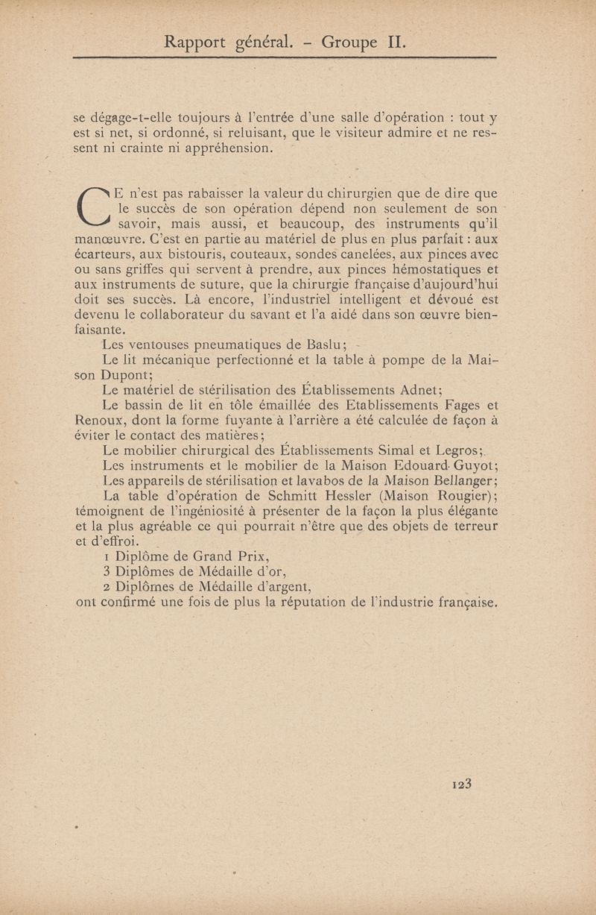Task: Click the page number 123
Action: (x=463, y=784)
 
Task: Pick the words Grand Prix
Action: (x=225, y=556)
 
